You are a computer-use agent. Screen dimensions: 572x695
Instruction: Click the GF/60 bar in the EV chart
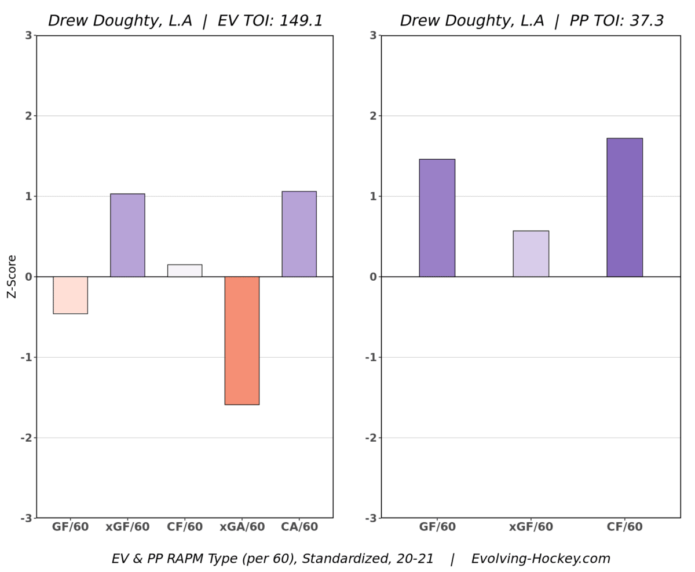[x=70, y=295]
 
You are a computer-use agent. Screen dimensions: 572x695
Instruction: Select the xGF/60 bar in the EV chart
[x=127, y=235]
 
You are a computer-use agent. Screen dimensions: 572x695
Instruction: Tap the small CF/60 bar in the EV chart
[x=185, y=270]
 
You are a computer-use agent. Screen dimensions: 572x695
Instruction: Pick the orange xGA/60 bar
[x=242, y=340]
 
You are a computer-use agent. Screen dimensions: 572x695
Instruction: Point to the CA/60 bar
[x=299, y=234]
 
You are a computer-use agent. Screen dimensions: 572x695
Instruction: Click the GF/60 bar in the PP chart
[x=437, y=218]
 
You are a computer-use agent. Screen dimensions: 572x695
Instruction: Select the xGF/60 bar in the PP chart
[x=531, y=254]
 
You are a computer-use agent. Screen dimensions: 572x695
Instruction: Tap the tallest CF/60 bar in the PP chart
[x=624, y=207]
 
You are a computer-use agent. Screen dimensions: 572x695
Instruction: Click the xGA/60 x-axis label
[x=242, y=527]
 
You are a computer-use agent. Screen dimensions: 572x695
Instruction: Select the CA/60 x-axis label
[x=299, y=527]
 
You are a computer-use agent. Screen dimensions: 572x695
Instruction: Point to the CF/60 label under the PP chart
[x=624, y=527]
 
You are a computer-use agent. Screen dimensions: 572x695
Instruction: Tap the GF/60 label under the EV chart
[x=70, y=527]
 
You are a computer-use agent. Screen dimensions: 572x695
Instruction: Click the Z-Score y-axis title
[x=12, y=277]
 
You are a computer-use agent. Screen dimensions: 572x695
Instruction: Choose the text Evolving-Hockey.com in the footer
[x=540, y=559]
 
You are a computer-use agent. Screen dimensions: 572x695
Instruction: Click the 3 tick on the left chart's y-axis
[x=28, y=36]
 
